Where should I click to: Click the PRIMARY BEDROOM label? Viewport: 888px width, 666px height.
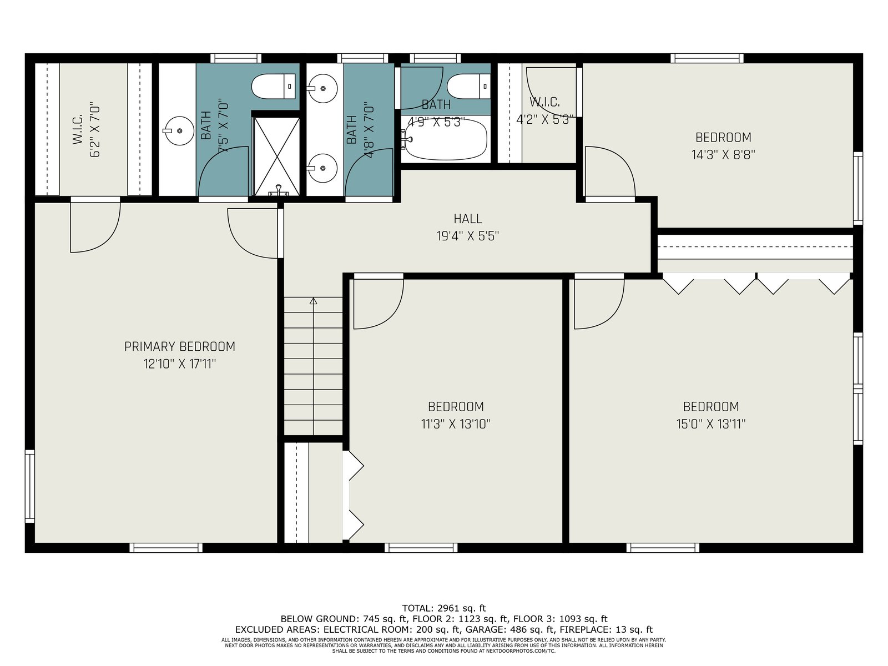pos(180,346)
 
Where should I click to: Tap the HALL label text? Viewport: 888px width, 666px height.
pos(468,219)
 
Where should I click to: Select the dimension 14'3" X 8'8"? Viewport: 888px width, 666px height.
pos(723,154)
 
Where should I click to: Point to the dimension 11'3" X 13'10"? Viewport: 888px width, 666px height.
pos(456,424)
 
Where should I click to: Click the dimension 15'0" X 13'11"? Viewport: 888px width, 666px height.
pos(711,424)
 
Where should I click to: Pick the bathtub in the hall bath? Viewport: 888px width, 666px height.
pos(445,139)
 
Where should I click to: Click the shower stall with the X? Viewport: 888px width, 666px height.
pos(277,157)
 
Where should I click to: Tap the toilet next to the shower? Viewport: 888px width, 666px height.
pos(274,86)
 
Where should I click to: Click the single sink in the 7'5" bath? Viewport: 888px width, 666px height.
pos(178,130)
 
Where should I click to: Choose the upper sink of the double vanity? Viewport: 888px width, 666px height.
pos(322,88)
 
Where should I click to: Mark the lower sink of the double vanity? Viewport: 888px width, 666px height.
pos(322,168)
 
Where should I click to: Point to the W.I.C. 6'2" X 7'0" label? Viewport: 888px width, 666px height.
pos(86,131)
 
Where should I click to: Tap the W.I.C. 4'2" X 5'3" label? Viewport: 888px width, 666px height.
pos(545,110)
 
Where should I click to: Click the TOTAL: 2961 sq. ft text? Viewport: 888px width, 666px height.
pos(444,608)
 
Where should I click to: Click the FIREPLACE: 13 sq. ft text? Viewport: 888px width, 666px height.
pos(606,629)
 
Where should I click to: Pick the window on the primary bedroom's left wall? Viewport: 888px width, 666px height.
pos(29,487)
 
